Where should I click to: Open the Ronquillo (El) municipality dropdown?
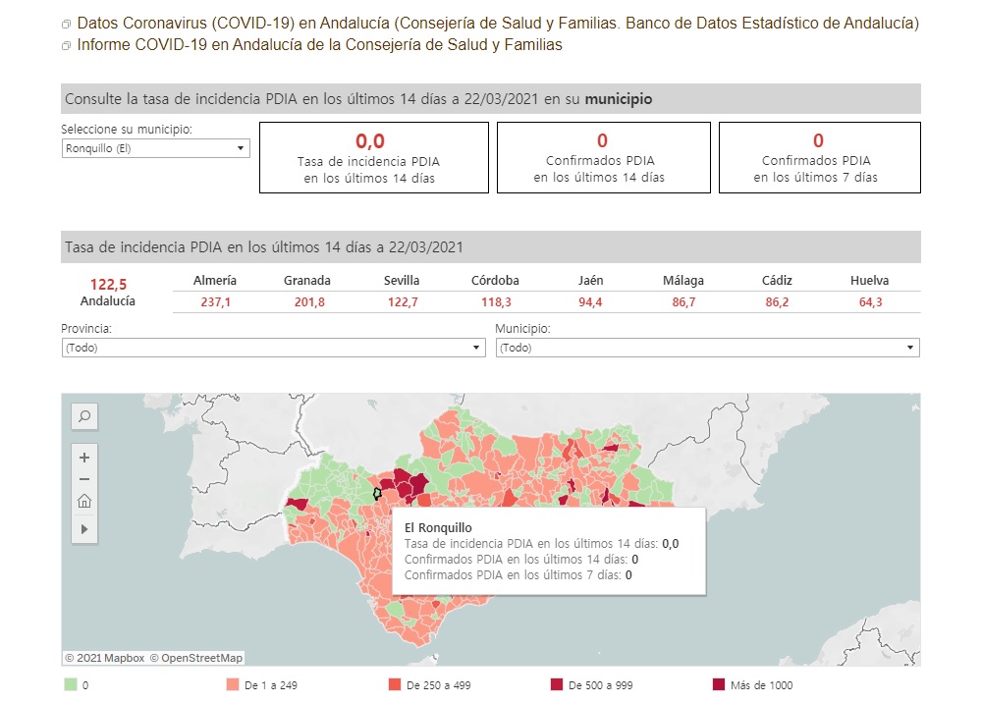[x=155, y=148]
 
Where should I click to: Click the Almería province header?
[x=215, y=280]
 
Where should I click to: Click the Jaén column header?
[x=591, y=280]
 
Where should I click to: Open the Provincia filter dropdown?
[x=273, y=348]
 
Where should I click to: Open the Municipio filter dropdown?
[x=707, y=348]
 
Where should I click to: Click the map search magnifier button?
[x=84, y=417]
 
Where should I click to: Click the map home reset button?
[x=84, y=502]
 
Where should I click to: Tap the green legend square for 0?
[x=70, y=684]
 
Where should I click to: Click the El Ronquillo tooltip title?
[x=438, y=527]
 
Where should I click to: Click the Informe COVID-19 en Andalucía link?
[x=319, y=45]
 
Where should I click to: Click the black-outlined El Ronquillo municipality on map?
[x=376, y=494]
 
